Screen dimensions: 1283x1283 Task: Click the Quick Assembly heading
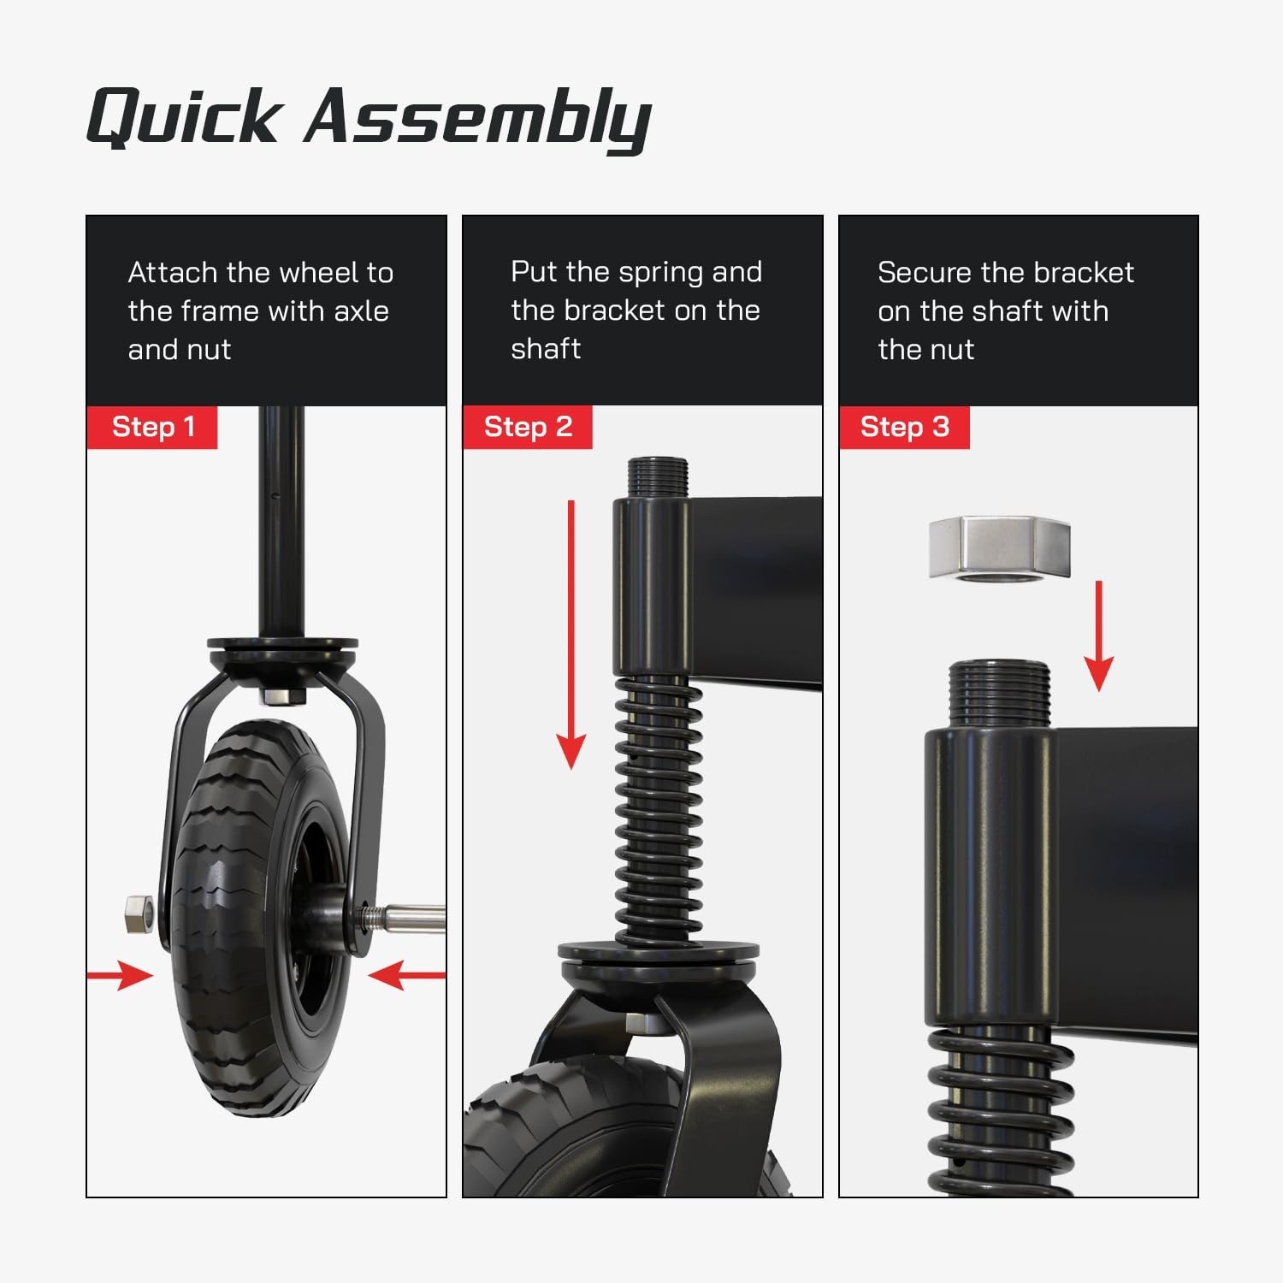369,117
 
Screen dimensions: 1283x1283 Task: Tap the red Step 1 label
152,427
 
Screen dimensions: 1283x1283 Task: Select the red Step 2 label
528,427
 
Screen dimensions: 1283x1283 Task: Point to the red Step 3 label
904,427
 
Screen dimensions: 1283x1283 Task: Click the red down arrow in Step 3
1099,636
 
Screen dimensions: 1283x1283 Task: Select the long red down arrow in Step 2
571,635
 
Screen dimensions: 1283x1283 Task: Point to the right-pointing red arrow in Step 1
120,974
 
